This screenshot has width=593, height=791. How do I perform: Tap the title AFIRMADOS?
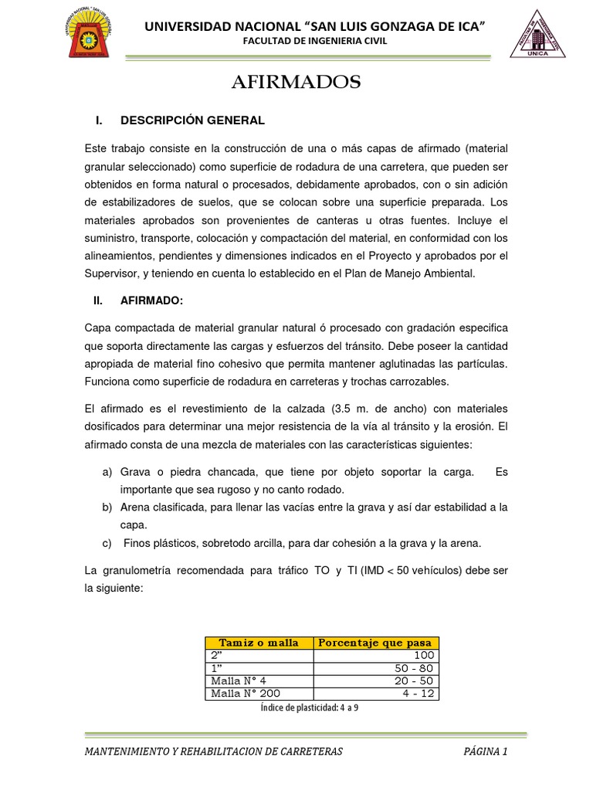[296, 83]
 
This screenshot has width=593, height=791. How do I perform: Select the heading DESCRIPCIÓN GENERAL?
[192, 121]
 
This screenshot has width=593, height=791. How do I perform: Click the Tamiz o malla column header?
[259, 643]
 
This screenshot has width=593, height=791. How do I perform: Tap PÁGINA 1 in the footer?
[486, 751]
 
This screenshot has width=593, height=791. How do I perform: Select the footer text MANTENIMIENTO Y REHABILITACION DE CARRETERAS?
[214, 751]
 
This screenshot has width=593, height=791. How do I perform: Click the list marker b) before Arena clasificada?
[107, 507]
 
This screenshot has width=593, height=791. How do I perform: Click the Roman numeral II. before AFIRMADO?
[97, 301]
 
